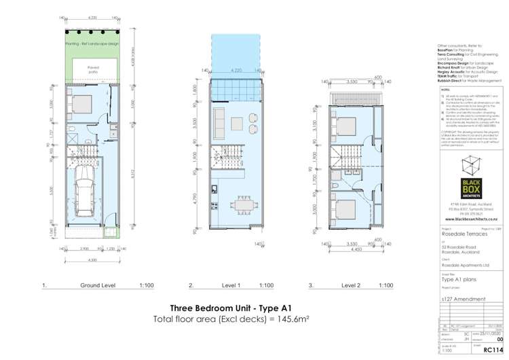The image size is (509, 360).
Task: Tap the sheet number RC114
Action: point(491,352)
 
